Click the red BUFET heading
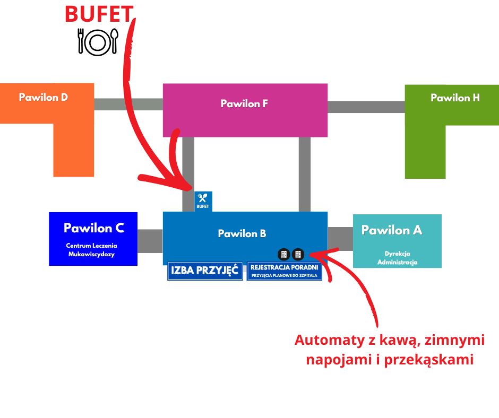[98, 14]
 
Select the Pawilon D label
[44, 98]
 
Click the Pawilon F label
[244, 104]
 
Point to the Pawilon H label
[455, 98]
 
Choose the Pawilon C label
[93, 228]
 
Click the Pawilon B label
[242, 233]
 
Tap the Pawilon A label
[392, 230]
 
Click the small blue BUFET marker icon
[203, 201]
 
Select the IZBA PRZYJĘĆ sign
[205, 271]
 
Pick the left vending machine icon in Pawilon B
[284, 254]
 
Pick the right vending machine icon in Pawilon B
[298, 254]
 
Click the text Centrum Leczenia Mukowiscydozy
[91, 250]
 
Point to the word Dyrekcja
[398, 254]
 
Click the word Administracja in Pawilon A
[398, 262]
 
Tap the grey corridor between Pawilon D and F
[128, 104]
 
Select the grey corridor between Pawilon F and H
[366, 107]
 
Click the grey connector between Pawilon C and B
[150, 241]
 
